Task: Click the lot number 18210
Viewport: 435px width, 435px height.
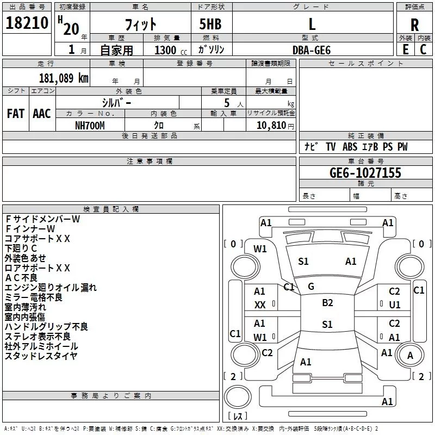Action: tap(27, 23)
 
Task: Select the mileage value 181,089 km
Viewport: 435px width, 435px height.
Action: tap(64, 78)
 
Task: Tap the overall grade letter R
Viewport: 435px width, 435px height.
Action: tap(414, 25)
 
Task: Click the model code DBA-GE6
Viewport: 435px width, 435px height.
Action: tap(312, 50)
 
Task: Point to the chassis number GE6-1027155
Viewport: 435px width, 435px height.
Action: tap(365, 173)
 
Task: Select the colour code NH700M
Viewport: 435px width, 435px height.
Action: tap(90, 126)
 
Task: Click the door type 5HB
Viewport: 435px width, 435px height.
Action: tap(210, 24)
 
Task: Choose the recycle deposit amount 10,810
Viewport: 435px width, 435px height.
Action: tap(271, 126)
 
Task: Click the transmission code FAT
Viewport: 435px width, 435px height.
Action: tap(16, 114)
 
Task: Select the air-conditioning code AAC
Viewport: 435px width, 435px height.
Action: tap(42, 114)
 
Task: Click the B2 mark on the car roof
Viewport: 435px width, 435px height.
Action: tap(327, 303)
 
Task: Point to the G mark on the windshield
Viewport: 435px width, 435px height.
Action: tap(311, 287)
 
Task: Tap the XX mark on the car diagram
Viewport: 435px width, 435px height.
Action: tap(260, 305)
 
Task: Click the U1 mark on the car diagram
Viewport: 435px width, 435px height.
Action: tap(395, 305)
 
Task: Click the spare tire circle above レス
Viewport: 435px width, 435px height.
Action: tap(238, 397)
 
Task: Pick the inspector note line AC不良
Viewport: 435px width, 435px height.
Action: tap(21, 278)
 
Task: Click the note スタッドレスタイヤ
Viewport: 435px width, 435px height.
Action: tap(41, 356)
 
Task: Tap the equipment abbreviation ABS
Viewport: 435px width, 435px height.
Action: tap(350, 147)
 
